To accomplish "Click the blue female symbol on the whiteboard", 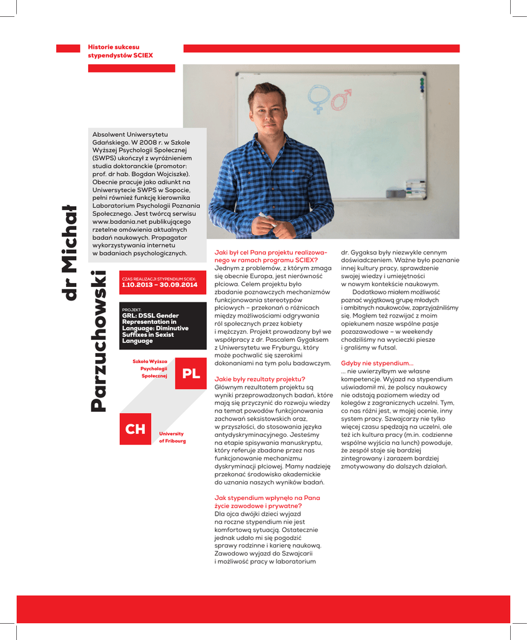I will (320, 99).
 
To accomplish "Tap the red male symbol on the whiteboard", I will (341, 98).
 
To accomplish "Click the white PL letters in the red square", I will (190, 374).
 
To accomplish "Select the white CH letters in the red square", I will (135, 429).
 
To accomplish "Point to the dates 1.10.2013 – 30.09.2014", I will (159, 285).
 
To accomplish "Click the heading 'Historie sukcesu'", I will (114, 47).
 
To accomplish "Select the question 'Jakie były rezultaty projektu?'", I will (260, 379).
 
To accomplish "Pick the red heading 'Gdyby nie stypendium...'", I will (377, 363).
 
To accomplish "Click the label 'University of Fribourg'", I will (172, 437).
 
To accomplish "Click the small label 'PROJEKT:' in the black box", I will (132, 309).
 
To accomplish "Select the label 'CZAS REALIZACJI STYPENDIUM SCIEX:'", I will (159, 279).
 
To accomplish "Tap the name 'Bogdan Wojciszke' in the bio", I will (154, 174).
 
